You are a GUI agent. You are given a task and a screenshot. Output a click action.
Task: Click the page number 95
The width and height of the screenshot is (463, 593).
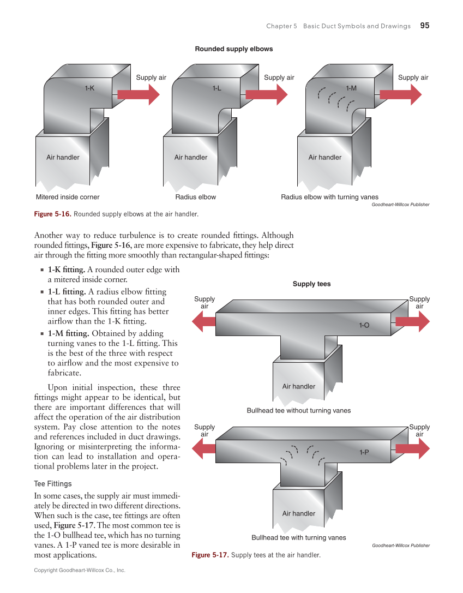(425, 26)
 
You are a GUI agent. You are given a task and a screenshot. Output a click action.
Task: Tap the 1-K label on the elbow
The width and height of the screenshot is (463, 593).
(89, 87)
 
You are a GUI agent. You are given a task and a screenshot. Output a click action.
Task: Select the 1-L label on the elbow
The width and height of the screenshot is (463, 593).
(217, 87)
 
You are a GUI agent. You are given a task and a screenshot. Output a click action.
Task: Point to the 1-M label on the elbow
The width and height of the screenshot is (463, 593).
(351, 87)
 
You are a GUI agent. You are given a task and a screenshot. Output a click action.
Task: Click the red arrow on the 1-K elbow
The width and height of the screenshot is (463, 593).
(139, 94)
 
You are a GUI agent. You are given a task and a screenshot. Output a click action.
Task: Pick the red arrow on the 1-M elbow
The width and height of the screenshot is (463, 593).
(400, 94)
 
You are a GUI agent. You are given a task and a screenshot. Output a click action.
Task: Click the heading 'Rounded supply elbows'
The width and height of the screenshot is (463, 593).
(234, 49)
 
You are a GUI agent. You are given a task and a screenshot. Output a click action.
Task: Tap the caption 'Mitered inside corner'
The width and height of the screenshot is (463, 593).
(68, 197)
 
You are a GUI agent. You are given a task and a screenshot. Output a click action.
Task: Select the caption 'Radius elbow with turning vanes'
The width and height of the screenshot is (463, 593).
(329, 197)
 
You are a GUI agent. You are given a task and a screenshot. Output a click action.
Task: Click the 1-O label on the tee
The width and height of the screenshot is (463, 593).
(364, 325)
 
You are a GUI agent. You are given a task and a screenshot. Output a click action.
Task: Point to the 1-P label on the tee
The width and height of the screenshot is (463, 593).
(364, 452)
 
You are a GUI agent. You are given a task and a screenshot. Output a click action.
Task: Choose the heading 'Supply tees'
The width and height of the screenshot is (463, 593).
(311, 284)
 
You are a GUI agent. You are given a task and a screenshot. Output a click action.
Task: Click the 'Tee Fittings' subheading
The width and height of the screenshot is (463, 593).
(53, 484)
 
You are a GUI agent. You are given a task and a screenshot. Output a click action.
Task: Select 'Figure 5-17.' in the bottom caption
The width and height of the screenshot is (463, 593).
(210, 555)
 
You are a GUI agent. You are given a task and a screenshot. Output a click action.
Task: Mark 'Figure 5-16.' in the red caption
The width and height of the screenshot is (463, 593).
(53, 214)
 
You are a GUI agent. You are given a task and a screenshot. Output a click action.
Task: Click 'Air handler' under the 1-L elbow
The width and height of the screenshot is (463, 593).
(191, 158)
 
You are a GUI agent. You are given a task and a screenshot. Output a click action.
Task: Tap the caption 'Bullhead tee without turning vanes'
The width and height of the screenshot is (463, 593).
(299, 410)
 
